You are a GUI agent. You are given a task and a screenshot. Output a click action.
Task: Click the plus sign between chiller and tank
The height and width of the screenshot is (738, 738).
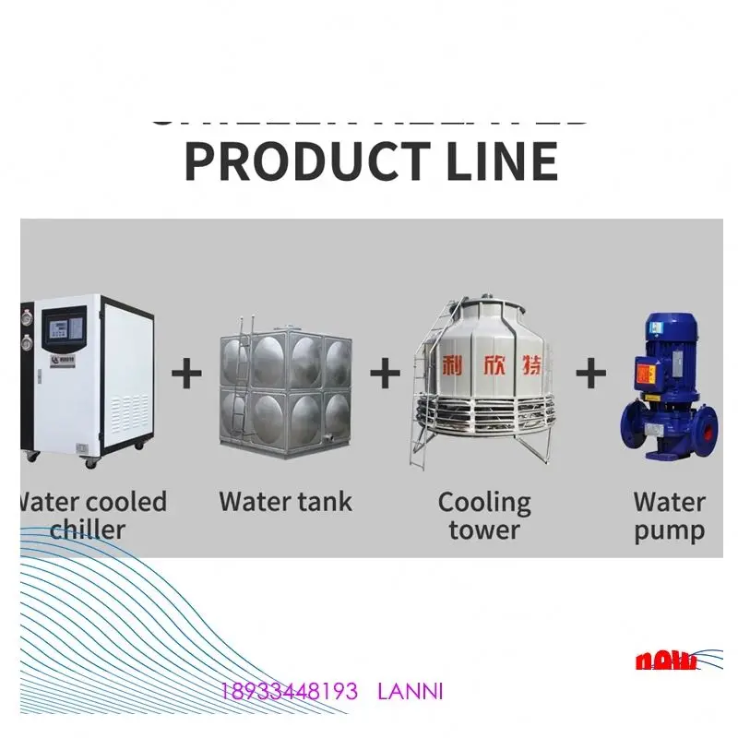[x=187, y=374]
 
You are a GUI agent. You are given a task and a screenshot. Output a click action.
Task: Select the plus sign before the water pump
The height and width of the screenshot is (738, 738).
[x=591, y=374]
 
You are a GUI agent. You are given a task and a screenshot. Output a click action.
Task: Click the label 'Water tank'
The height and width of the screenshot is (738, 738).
[x=285, y=502]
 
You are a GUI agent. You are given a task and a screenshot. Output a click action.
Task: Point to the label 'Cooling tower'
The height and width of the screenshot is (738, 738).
[x=484, y=516]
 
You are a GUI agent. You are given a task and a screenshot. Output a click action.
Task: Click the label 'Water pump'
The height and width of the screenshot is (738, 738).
[x=669, y=516]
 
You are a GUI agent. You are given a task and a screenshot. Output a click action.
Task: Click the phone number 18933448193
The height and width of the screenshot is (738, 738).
[x=289, y=691]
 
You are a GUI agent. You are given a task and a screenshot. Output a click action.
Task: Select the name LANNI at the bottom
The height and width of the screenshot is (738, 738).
[x=411, y=691]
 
